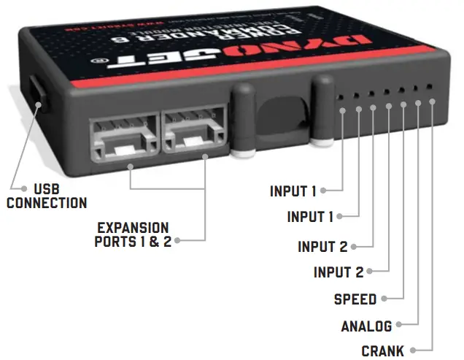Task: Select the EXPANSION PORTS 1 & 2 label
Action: click(x=133, y=234)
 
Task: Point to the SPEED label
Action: click(x=355, y=299)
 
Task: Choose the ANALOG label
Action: click(x=366, y=326)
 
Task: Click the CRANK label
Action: click(x=382, y=351)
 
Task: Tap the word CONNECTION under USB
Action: click(x=47, y=202)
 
